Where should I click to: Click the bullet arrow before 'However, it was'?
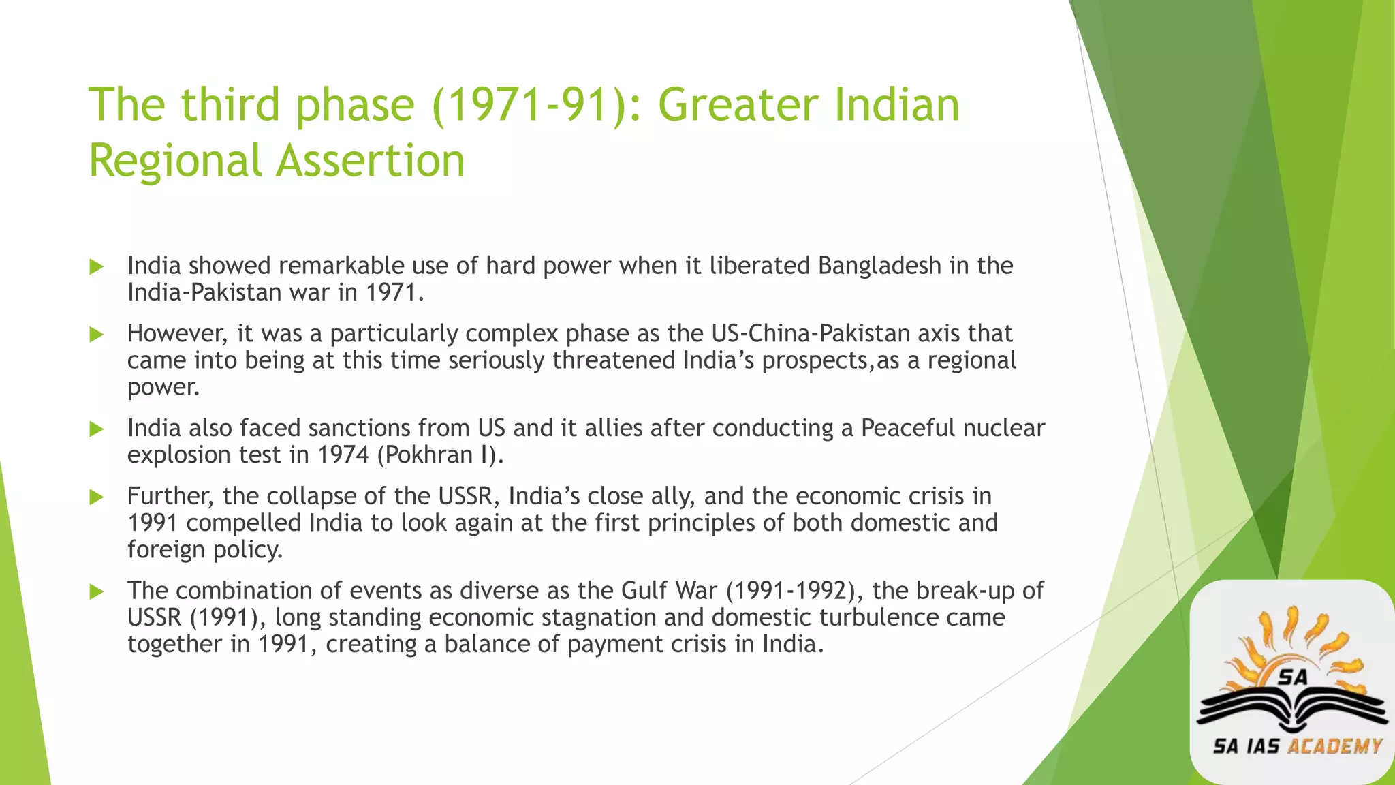point(97,335)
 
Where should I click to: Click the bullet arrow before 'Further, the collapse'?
point(97,497)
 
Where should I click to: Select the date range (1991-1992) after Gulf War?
point(791,590)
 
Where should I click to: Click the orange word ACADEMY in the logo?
point(1335,746)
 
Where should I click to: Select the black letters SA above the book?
point(1293,677)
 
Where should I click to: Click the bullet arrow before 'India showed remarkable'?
point(97,266)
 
